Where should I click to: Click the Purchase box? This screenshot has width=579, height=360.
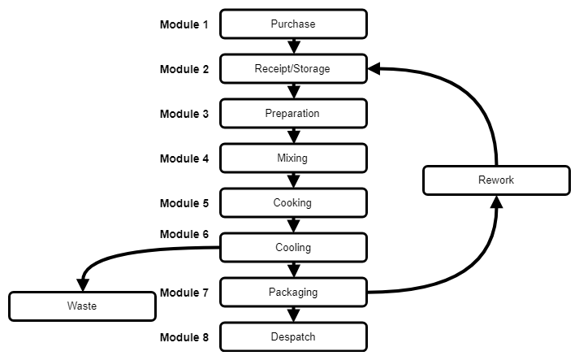(293, 24)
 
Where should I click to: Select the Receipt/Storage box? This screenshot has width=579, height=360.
(293, 68)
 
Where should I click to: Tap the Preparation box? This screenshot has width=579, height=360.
(293, 113)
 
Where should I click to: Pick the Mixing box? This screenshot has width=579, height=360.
(293, 158)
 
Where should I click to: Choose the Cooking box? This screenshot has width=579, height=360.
(293, 202)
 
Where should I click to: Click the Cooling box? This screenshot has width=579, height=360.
(293, 247)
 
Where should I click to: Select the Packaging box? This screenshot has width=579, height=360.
(293, 292)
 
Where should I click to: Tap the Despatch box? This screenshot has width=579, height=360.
(293, 336)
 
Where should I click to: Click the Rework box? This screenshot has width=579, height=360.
(495, 180)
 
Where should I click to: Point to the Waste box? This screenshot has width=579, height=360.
(81, 306)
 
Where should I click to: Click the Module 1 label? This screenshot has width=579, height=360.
(184, 24)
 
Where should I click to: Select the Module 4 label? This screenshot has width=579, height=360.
(184, 158)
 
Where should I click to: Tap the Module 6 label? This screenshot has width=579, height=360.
(184, 234)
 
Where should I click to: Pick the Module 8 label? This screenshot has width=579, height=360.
(184, 336)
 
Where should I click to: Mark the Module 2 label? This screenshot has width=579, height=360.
(184, 69)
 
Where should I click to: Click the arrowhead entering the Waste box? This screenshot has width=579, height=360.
(81, 286)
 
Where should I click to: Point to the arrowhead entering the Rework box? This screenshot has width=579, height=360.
(496, 201)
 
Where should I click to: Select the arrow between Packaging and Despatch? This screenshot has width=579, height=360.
(293, 314)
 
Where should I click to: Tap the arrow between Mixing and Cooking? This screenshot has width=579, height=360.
(293, 180)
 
